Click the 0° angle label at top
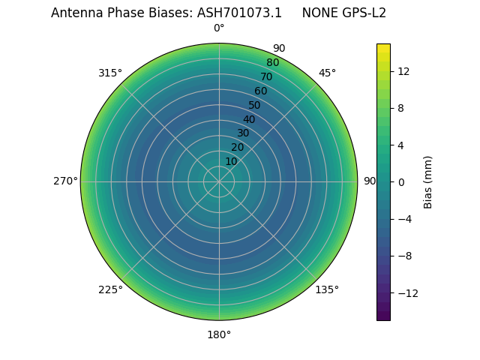coord(219,28)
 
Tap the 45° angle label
coord(327,73)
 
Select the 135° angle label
coord(327,289)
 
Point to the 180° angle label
coord(219,334)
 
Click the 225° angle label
coord(110,289)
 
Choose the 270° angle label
coord(65,181)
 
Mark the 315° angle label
coord(110,73)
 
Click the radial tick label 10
coord(231,161)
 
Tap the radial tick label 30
coord(243,133)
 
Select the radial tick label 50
coord(255,105)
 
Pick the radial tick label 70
coord(266,76)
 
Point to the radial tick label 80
coord(272,63)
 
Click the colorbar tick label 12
coord(403,71)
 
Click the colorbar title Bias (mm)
coord(428,181)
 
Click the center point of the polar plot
coord(219,181)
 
